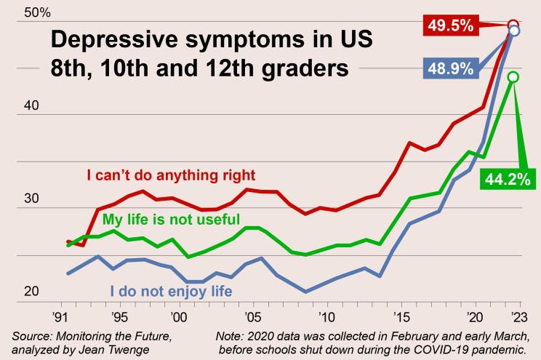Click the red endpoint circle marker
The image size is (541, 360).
(513, 25)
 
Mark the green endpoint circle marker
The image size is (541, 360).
(513, 76)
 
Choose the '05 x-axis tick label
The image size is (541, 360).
(252, 318)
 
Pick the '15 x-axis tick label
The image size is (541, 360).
(400, 318)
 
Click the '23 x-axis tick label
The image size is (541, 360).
(518, 318)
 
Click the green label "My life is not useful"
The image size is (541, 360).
(171, 219)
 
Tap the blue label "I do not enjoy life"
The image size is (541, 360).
(171, 292)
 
